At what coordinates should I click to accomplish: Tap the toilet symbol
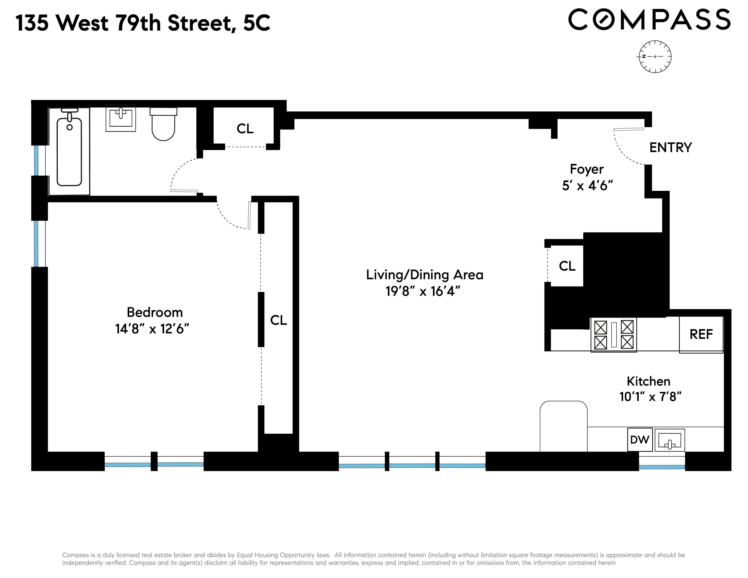163,125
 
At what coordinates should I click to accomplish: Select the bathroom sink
121,118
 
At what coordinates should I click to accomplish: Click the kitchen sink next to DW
670,440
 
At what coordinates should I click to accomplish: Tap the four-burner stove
613,335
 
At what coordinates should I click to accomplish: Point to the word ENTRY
670,148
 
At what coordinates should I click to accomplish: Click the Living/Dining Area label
424,275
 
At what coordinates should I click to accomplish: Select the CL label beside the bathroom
245,129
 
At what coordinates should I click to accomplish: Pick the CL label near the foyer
567,266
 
